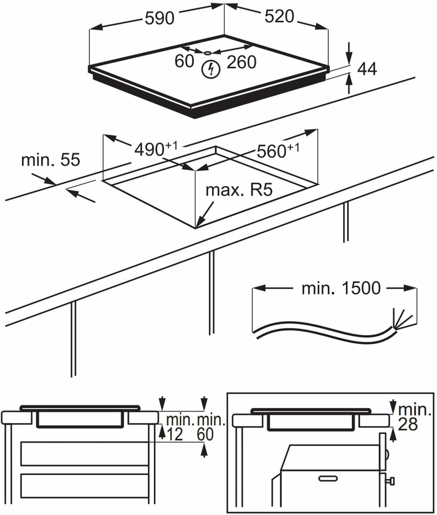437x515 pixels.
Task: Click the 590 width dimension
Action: click(159, 18)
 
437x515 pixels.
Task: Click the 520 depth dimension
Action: click(279, 16)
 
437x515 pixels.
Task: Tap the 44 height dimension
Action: click(367, 69)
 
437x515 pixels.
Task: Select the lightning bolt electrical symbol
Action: click(211, 69)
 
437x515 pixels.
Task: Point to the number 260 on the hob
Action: click(241, 62)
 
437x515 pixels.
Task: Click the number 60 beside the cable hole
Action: click(184, 61)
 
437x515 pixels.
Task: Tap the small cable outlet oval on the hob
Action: click(208, 53)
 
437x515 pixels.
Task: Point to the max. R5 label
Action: click(239, 190)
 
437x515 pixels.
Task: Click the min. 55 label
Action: click(50, 160)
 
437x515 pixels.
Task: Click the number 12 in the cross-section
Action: click(175, 435)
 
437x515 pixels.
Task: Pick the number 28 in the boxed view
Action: click(408, 425)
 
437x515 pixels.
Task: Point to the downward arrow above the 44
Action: click(349, 56)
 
